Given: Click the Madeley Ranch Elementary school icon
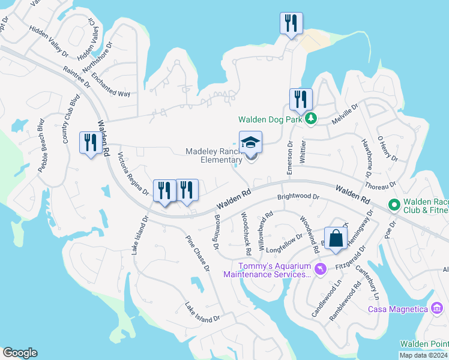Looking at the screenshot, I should click(x=251, y=143).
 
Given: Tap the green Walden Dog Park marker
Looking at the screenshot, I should click(x=310, y=119).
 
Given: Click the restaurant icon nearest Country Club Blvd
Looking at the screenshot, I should click(x=91, y=143).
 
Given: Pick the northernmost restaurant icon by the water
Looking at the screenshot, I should click(x=291, y=23).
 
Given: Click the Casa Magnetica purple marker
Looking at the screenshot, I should click(x=437, y=308).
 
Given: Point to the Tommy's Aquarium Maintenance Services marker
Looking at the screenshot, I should click(x=319, y=270).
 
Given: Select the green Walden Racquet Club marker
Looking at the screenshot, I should click(x=394, y=205).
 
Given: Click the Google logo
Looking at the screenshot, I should click(x=20, y=353).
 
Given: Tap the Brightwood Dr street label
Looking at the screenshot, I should click(x=298, y=197).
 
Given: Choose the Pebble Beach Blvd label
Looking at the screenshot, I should click(x=42, y=147).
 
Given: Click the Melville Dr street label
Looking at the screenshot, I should click(x=346, y=113).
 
